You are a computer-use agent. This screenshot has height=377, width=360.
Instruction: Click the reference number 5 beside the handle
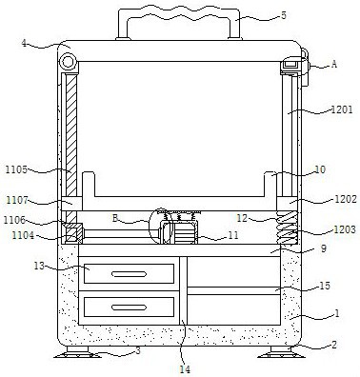(x=284, y=15)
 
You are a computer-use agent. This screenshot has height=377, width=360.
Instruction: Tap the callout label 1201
(x=342, y=109)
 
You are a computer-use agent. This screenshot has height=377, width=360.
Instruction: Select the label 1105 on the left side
(x=16, y=169)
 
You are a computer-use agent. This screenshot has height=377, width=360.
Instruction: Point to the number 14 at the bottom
(x=185, y=369)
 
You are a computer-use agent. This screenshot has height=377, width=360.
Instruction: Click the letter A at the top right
(x=333, y=64)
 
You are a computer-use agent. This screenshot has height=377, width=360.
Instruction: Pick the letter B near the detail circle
(x=115, y=218)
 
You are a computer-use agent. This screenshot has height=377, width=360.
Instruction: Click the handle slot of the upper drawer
(x=129, y=274)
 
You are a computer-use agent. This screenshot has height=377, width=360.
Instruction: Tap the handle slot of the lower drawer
(x=129, y=308)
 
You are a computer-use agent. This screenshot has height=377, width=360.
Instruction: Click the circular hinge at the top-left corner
(x=68, y=62)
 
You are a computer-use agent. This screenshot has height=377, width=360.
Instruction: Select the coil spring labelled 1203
(x=287, y=228)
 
